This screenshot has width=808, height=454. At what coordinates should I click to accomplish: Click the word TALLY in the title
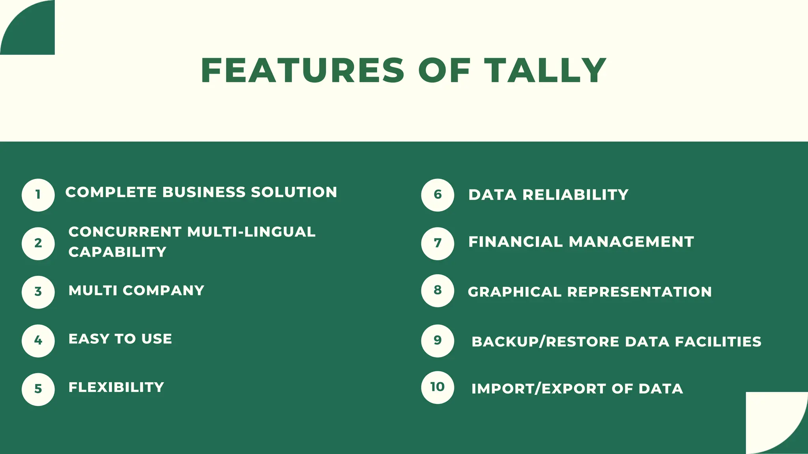click(545, 71)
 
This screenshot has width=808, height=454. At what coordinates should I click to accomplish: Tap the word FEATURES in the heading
click(303, 71)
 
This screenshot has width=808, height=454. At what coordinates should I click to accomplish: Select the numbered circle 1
click(38, 195)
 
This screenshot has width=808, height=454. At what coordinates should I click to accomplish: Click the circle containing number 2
click(38, 244)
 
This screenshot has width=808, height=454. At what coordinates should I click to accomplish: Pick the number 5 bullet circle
click(38, 389)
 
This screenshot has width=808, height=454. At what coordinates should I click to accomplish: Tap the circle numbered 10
click(438, 387)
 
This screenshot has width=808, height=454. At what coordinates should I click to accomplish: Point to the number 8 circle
click(438, 291)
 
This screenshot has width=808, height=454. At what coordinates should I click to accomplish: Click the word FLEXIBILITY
click(116, 387)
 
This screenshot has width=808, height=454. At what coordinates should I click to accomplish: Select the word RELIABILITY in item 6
click(575, 195)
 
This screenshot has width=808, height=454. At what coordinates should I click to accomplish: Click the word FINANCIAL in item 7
click(515, 242)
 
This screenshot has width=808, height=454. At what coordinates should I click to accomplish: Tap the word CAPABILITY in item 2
click(118, 252)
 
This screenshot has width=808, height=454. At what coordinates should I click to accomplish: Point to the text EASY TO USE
click(120, 339)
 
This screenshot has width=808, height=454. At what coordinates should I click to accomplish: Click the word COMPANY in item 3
click(163, 290)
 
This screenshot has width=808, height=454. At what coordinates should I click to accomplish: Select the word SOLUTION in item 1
click(294, 192)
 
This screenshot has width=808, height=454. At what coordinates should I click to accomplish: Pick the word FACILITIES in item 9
click(718, 342)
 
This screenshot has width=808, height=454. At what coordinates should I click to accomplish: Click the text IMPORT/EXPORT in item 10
click(539, 389)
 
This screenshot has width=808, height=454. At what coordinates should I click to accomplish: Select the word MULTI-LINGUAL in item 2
click(251, 232)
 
